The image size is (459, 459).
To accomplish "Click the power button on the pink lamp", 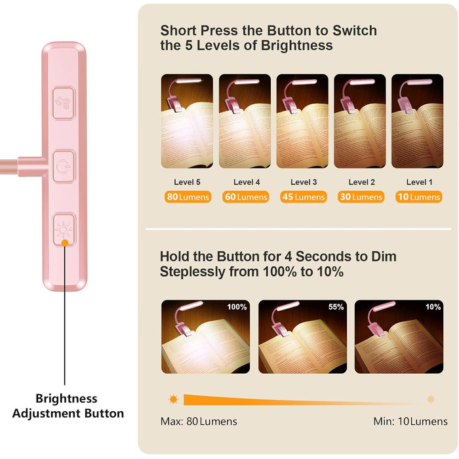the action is pyautogui.click(x=64, y=167).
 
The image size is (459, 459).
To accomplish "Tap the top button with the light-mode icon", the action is pyautogui.click(x=64, y=103).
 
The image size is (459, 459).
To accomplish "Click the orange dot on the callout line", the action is pyautogui.click(x=65, y=243).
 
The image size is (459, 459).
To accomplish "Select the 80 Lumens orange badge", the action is pyautogui.click(x=188, y=197).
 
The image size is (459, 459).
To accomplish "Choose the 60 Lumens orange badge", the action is pyautogui.click(x=246, y=197).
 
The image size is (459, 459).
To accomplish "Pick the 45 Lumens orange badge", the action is pyautogui.click(x=303, y=197).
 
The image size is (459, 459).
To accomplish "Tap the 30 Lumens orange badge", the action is pyautogui.click(x=361, y=197).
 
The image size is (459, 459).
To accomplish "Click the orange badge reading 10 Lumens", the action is pyautogui.click(x=418, y=197).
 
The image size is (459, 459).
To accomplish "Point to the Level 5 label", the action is pyautogui.click(x=187, y=182).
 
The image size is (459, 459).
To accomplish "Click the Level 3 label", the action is pyautogui.click(x=304, y=182).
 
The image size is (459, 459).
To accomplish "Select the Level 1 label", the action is pyautogui.click(x=419, y=182).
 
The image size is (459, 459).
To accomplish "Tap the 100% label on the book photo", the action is pyautogui.click(x=237, y=307).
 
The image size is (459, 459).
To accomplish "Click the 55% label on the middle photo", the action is pyautogui.click(x=336, y=307).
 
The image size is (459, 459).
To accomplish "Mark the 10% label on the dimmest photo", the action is pyautogui.click(x=433, y=307).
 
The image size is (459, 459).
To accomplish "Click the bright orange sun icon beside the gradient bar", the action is pyautogui.click(x=173, y=399).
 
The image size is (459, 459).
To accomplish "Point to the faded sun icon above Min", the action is pyautogui.click(x=431, y=399).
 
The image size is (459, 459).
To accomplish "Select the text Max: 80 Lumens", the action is pyautogui.click(x=199, y=422).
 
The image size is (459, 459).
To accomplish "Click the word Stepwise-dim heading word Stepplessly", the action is pyautogui.click(x=193, y=272).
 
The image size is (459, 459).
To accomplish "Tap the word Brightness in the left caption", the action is pyautogui.click(x=66, y=399).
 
